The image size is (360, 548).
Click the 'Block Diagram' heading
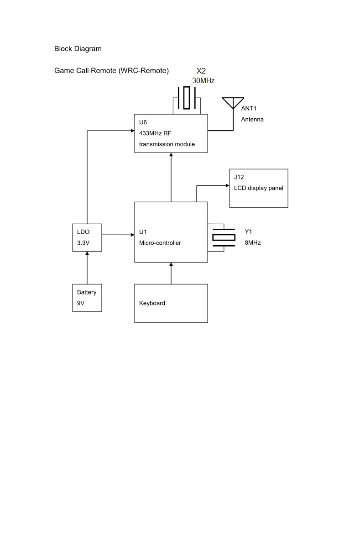tap(78, 48)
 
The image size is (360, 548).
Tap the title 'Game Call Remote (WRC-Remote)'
tap(111, 71)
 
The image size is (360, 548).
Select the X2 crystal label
tap(201, 71)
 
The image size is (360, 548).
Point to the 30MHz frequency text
tap(203, 80)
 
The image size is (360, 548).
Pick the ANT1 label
tap(249, 109)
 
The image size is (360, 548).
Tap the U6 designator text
tap(143, 122)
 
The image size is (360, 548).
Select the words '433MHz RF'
tap(155, 133)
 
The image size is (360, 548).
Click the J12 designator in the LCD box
tap(238, 177)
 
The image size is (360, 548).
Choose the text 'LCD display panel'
tap(258, 188)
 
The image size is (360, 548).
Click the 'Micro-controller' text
tap(160, 243)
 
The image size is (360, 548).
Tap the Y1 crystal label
tap(248, 232)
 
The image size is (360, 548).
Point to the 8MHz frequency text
tap(253, 243)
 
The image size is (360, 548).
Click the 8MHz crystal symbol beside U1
tap(224, 237)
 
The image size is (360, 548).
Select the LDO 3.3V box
tap(87, 237)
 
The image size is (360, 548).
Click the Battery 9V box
tap(87, 298)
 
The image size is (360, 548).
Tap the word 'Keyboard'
tap(152, 303)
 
